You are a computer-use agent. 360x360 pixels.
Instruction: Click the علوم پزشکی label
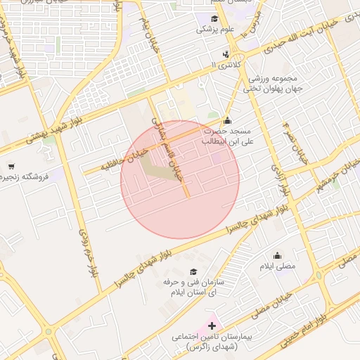click(x=214, y=30)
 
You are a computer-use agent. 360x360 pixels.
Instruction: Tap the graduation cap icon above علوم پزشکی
click(x=214, y=18)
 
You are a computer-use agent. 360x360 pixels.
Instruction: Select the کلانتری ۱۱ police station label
click(x=226, y=64)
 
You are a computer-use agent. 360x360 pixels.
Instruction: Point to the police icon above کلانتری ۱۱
click(x=226, y=54)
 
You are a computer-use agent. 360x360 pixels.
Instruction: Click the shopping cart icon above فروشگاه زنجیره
click(x=11, y=166)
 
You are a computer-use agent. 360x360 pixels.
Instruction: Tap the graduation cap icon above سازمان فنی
click(x=194, y=271)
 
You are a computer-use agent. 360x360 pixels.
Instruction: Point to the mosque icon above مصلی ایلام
click(x=278, y=256)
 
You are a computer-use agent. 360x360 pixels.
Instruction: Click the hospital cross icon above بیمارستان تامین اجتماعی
click(x=212, y=326)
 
